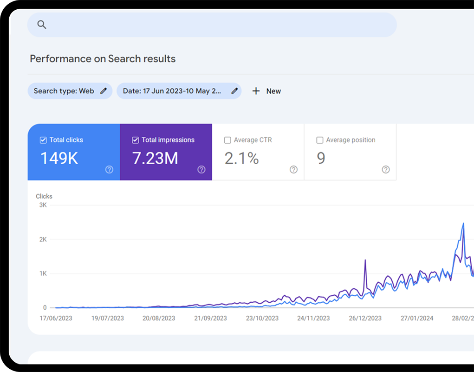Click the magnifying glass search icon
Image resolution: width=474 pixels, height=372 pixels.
point(42,25)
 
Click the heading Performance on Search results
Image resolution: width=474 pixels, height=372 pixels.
point(103,59)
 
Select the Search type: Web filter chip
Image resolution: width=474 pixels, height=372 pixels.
point(70,91)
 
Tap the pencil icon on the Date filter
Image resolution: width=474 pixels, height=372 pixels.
point(234,91)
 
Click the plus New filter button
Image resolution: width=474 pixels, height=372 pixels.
point(266,91)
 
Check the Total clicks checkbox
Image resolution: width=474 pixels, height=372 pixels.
point(43,140)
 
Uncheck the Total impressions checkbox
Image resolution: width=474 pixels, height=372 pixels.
point(136,140)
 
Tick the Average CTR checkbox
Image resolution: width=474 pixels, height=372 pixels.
point(227,140)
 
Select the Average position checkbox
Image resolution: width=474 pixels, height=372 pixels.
point(320,140)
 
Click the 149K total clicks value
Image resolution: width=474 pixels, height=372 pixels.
point(59,159)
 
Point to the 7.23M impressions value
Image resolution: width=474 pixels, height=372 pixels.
point(155,159)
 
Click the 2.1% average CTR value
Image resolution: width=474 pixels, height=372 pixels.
point(241,159)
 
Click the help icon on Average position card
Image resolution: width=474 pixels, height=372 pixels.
point(386,170)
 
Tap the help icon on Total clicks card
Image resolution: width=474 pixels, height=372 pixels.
point(109,170)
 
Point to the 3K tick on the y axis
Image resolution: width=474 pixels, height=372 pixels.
point(43,205)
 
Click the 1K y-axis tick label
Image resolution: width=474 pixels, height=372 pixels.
point(43,273)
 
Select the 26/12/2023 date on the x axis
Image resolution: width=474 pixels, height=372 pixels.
point(365,318)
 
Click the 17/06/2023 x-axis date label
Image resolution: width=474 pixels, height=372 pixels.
point(56,318)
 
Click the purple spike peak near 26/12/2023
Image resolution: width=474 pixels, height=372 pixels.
point(365,260)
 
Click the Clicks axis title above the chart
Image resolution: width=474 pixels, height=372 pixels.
point(44,196)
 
